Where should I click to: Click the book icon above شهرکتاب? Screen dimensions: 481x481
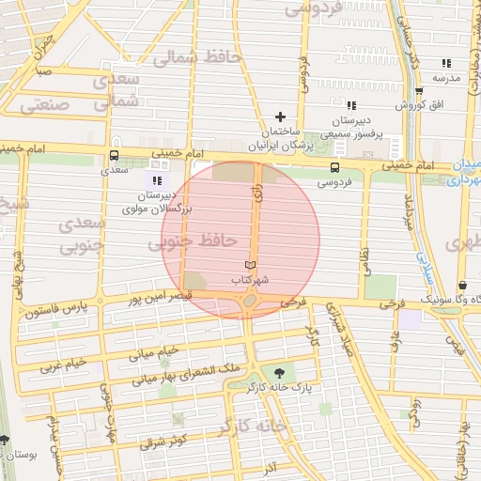coord(249,265)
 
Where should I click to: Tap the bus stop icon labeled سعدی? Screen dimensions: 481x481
coord(113,155)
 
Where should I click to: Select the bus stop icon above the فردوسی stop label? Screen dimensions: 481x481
coord(334,167)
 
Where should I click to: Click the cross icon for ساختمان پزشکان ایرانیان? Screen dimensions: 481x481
coord(280,116)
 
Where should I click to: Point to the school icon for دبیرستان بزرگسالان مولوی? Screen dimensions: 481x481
coord(156,180)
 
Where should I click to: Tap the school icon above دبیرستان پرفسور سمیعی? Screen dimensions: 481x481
coord(350,105)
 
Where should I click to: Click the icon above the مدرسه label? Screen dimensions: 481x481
coord(446,63)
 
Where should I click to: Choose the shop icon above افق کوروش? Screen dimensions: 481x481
coord(418,91)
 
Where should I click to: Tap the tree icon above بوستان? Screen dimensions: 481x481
coord(5,440)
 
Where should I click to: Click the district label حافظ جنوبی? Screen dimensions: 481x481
coord(192,241)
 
